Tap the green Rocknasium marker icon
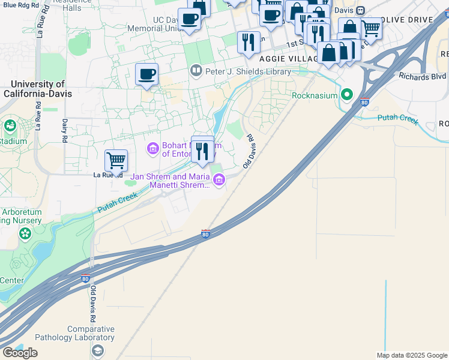click(347, 95)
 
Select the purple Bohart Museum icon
click(152, 148)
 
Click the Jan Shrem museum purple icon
click(219, 179)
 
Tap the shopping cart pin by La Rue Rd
click(116, 161)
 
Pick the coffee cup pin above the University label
click(146, 75)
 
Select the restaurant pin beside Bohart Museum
click(202, 151)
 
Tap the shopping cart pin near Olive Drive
click(371, 28)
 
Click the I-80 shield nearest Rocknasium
click(364, 103)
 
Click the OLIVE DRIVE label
click(408, 20)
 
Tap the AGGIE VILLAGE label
click(283, 59)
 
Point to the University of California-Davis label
click(37, 89)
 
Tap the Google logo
click(20, 353)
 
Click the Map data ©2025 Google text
click(412, 355)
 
